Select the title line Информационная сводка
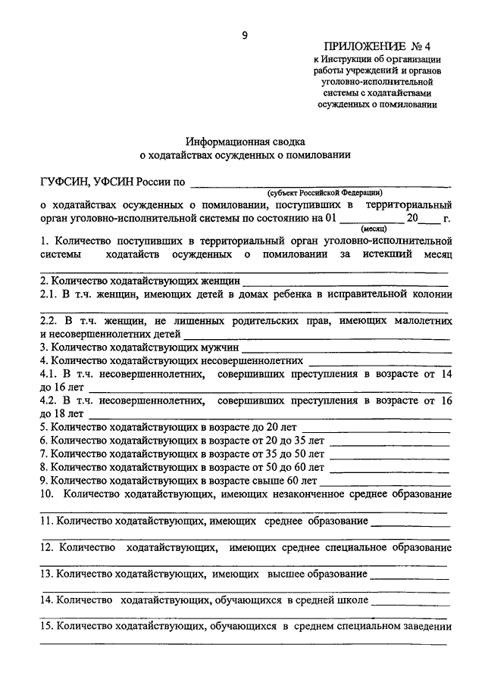(246, 142)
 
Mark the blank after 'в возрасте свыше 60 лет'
(386, 481)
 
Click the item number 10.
(46, 494)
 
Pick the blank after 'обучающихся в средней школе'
(412, 602)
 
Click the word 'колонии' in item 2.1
(432, 295)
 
